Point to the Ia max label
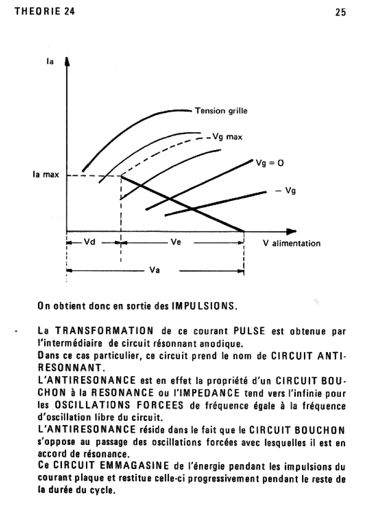(x=46, y=175)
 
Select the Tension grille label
(x=221, y=111)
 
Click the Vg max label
(x=228, y=137)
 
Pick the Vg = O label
(x=270, y=163)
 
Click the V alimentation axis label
(x=291, y=243)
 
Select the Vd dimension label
(x=90, y=242)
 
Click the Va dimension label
(x=155, y=270)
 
